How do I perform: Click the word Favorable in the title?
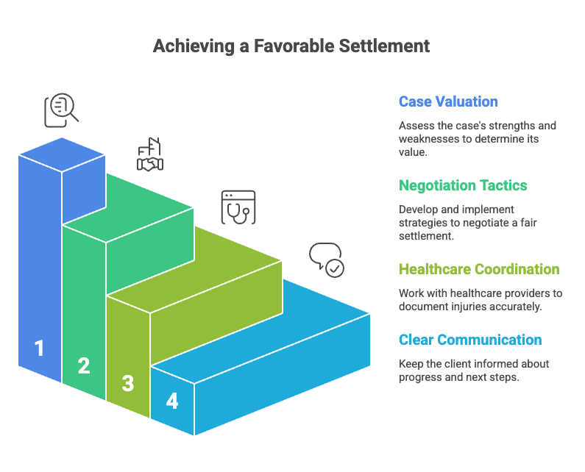[294, 46]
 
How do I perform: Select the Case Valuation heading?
[448, 101]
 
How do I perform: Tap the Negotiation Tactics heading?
[463, 185]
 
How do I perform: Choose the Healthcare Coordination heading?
[479, 269]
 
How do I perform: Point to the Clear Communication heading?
[470, 340]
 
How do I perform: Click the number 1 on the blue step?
[39, 348]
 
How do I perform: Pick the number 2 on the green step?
[84, 365]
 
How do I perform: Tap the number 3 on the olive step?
[128, 383]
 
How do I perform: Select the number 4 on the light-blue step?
[172, 401]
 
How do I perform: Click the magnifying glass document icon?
[62, 110]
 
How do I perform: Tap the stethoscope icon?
[238, 207]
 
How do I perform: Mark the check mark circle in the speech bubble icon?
[335, 268]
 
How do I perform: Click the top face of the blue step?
[62, 154]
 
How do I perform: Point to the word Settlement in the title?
[384, 46]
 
